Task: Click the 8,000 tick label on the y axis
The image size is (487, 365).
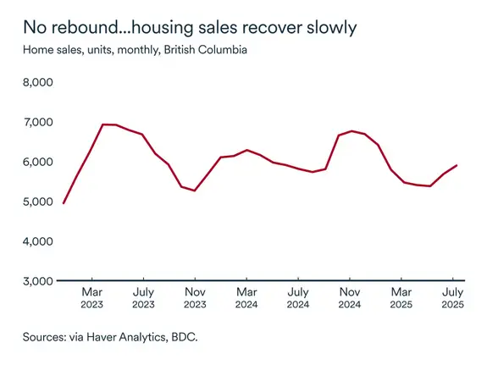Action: pyautogui.click(x=37, y=82)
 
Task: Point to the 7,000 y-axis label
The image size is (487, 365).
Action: pyautogui.click(x=37, y=122)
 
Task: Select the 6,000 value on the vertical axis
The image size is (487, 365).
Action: pyautogui.click(x=37, y=162)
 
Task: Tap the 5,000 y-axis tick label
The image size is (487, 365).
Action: pyautogui.click(x=37, y=202)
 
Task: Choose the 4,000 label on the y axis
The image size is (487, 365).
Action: pyautogui.click(x=37, y=241)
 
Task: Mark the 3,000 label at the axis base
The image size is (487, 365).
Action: pyautogui.click(x=37, y=280)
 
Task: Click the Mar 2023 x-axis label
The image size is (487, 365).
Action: pyautogui.click(x=91, y=297)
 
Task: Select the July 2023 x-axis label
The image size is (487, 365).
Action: pyautogui.click(x=143, y=297)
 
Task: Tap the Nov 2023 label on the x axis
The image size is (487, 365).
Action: pyautogui.click(x=195, y=297)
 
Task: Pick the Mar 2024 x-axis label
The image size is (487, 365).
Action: pyautogui.click(x=246, y=297)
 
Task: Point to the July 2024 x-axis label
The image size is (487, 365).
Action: pyautogui.click(x=298, y=297)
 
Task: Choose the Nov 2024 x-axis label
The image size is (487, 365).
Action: pyautogui.click(x=350, y=297)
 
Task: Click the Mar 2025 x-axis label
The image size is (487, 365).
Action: pyautogui.click(x=401, y=297)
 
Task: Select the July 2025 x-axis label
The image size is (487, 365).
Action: pyautogui.click(x=453, y=297)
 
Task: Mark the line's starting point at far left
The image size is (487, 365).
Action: pyautogui.click(x=64, y=203)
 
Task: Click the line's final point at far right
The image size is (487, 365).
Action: pyautogui.click(x=457, y=165)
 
